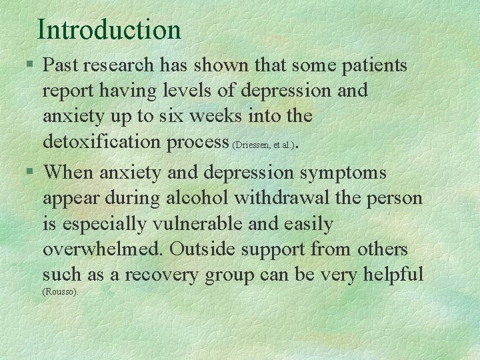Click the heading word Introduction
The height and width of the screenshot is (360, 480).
click(109, 30)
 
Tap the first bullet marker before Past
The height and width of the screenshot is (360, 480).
click(31, 65)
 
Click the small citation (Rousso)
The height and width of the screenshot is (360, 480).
click(61, 292)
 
